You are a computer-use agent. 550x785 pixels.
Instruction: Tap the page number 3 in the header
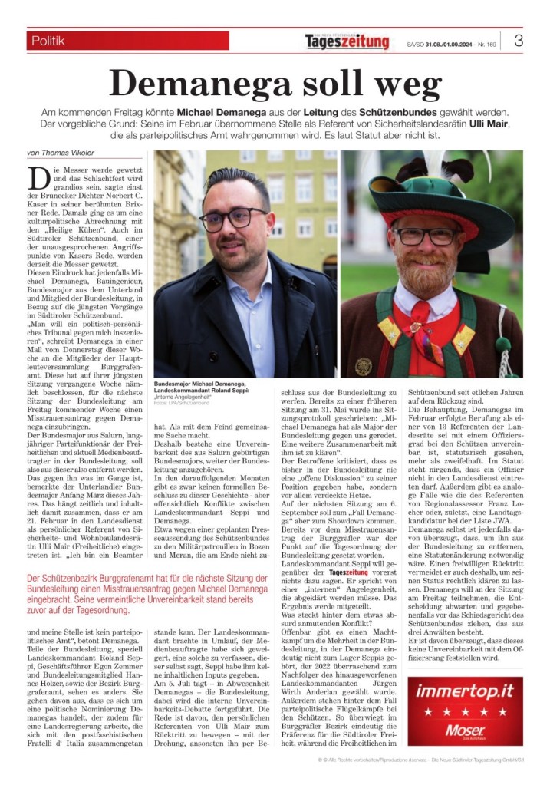(x=519, y=41)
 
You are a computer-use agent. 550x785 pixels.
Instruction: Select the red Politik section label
(x=127, y=41)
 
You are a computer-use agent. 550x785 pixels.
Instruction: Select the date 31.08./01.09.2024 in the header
(x=446, y=44)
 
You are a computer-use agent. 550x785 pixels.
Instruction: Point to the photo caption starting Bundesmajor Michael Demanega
(x=201, y=386)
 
